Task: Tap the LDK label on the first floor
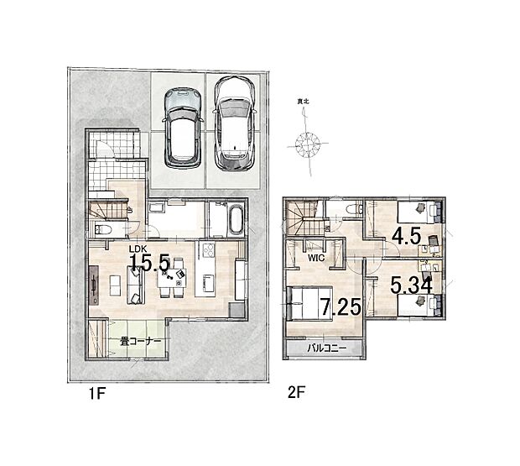pos(138,250)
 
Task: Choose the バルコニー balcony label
pos(325,347)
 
